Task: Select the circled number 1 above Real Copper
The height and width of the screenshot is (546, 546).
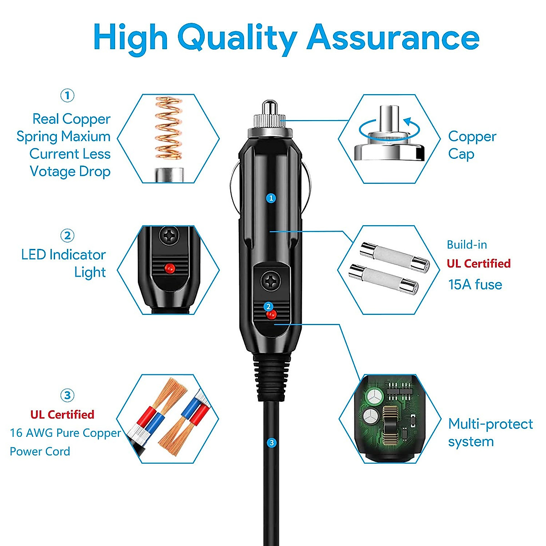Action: (x=67, y=96)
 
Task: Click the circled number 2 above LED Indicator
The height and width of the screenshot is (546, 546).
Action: (x=67, y=236)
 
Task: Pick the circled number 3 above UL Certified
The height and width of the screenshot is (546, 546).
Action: (x=67, y=395)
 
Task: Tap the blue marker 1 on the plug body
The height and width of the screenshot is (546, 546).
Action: (x=271, y=198)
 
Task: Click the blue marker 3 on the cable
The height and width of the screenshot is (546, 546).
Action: (x=272, y=442)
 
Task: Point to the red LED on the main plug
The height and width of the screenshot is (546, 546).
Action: (x=272, y=314)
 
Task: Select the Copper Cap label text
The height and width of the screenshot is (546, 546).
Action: (x=472, y=145)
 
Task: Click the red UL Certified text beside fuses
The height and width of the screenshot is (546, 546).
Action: (x=479, y=263)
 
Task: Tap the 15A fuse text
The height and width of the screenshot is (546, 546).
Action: (x=475, y=285)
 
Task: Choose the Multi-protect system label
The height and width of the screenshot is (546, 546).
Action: (x=490, y=432)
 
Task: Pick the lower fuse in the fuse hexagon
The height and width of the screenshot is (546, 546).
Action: (x=383, y=279)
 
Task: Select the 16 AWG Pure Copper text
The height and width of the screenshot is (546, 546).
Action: (x=66, y=433)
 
